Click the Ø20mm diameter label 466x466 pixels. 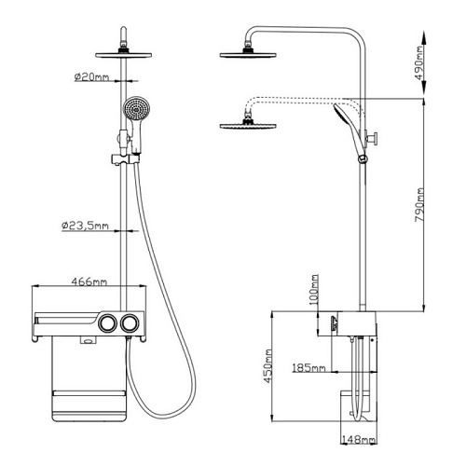[92, 76]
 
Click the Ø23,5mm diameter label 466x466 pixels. [86, 226]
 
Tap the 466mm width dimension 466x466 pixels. [89, 281]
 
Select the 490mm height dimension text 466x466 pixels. [419, 63]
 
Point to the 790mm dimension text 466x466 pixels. [419, 205]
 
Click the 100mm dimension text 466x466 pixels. [314, 290]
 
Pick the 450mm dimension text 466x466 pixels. [268, 366]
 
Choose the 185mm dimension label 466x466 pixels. [308, 368]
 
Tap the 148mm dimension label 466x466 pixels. [359, 440]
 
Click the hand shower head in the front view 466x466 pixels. [136, 109]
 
